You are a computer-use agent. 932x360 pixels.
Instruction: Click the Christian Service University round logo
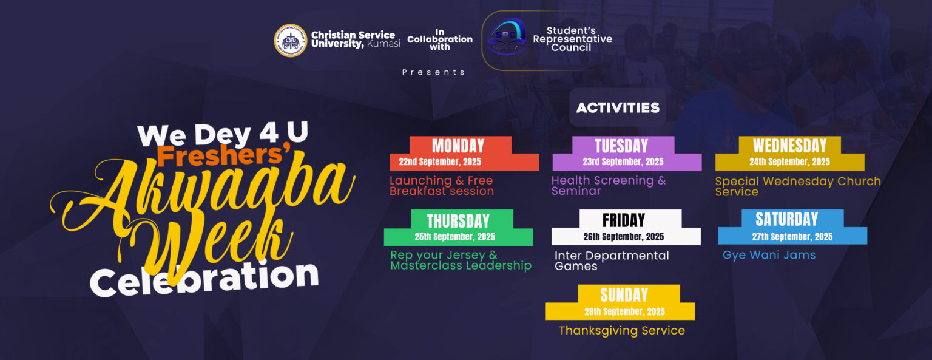[x=291, y=40]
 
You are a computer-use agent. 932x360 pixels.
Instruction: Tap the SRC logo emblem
[x=507, y=36]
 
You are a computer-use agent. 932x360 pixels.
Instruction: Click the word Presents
[x=433, y=72]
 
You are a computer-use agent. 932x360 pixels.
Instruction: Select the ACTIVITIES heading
[x=618, y=108]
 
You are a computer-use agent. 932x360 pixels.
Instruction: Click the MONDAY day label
[x=458, y=146]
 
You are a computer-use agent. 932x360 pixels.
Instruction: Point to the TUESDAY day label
[x=621, y=146]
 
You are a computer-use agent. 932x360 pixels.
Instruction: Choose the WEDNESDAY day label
[x=789, y=146]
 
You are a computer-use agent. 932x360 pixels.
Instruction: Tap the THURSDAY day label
[x=458, y=221]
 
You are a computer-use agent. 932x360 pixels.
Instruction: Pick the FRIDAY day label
[x=624, y=220]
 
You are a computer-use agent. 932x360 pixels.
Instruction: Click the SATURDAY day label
[x=787, y=219]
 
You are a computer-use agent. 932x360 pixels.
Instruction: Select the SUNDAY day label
[x=624, y=295]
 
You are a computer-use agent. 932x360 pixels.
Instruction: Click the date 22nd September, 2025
[x=440, y=162]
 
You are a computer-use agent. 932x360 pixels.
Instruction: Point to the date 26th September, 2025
[x=624, y=237]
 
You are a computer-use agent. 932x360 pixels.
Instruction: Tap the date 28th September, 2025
[x=624, y=311]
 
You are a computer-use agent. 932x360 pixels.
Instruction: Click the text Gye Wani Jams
[x=769, y=255]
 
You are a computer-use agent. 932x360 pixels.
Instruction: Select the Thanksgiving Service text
[x=621, y=330]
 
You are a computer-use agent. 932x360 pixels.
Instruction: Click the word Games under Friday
[x=576, y=267]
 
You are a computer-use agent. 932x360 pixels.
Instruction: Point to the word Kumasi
[x=383, y=44]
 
